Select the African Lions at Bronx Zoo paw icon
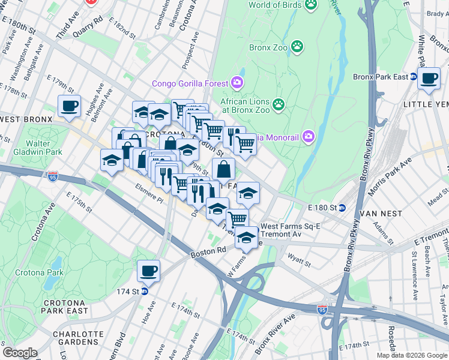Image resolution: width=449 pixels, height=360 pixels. click(x=278, y=105)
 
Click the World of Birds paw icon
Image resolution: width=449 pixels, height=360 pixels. click(x=310, y=5)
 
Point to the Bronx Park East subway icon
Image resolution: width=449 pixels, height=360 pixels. click(x=413, y=76)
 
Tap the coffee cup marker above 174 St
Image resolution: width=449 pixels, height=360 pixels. click(x=148, y=271)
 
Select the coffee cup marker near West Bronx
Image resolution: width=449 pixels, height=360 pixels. click(x=69, y=106)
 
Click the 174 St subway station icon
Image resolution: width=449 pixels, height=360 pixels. click(x=145, y=292)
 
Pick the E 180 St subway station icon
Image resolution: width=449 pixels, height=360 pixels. click(x=342, y=208)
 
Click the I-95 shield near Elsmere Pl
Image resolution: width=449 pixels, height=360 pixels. click(x=52, y=176)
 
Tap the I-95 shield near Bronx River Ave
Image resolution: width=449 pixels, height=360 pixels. click(x=322, y=309)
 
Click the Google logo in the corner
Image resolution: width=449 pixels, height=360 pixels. click(x=20, y=353)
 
